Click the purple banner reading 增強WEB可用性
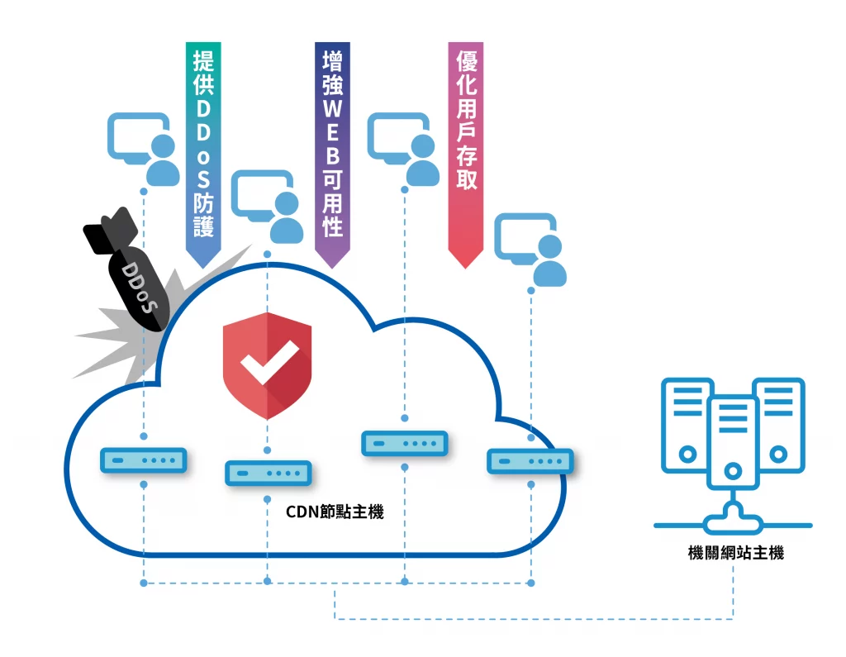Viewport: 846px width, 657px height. pyautogui.click(x=332, y=149)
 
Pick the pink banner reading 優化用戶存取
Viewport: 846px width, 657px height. pyautogui.click(x=465, y=149)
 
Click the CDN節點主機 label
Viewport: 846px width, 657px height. pyautogui.click(x=335, y=512)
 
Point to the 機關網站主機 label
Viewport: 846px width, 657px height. pyautogui.click(x=735, y=553)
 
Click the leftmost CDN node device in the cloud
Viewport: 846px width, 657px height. pyautogui.click(x=143, y=459)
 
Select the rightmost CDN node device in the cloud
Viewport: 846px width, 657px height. pyautogui.click(x=530, y=460)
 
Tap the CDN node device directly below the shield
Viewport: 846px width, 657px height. pyautogui.click(x=268, y=474)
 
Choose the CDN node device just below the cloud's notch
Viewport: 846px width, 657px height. pyautogui.click(x=404, y=444)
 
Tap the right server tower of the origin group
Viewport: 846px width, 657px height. pyautogui.click(x=777, y=423)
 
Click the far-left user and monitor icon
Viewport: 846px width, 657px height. pyautogui.click(x=145, y=150)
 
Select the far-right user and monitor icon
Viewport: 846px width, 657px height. pyautogui.click(x=532, y=249)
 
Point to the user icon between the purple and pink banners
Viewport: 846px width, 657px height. pyautogui.click(x=404, y=150)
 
